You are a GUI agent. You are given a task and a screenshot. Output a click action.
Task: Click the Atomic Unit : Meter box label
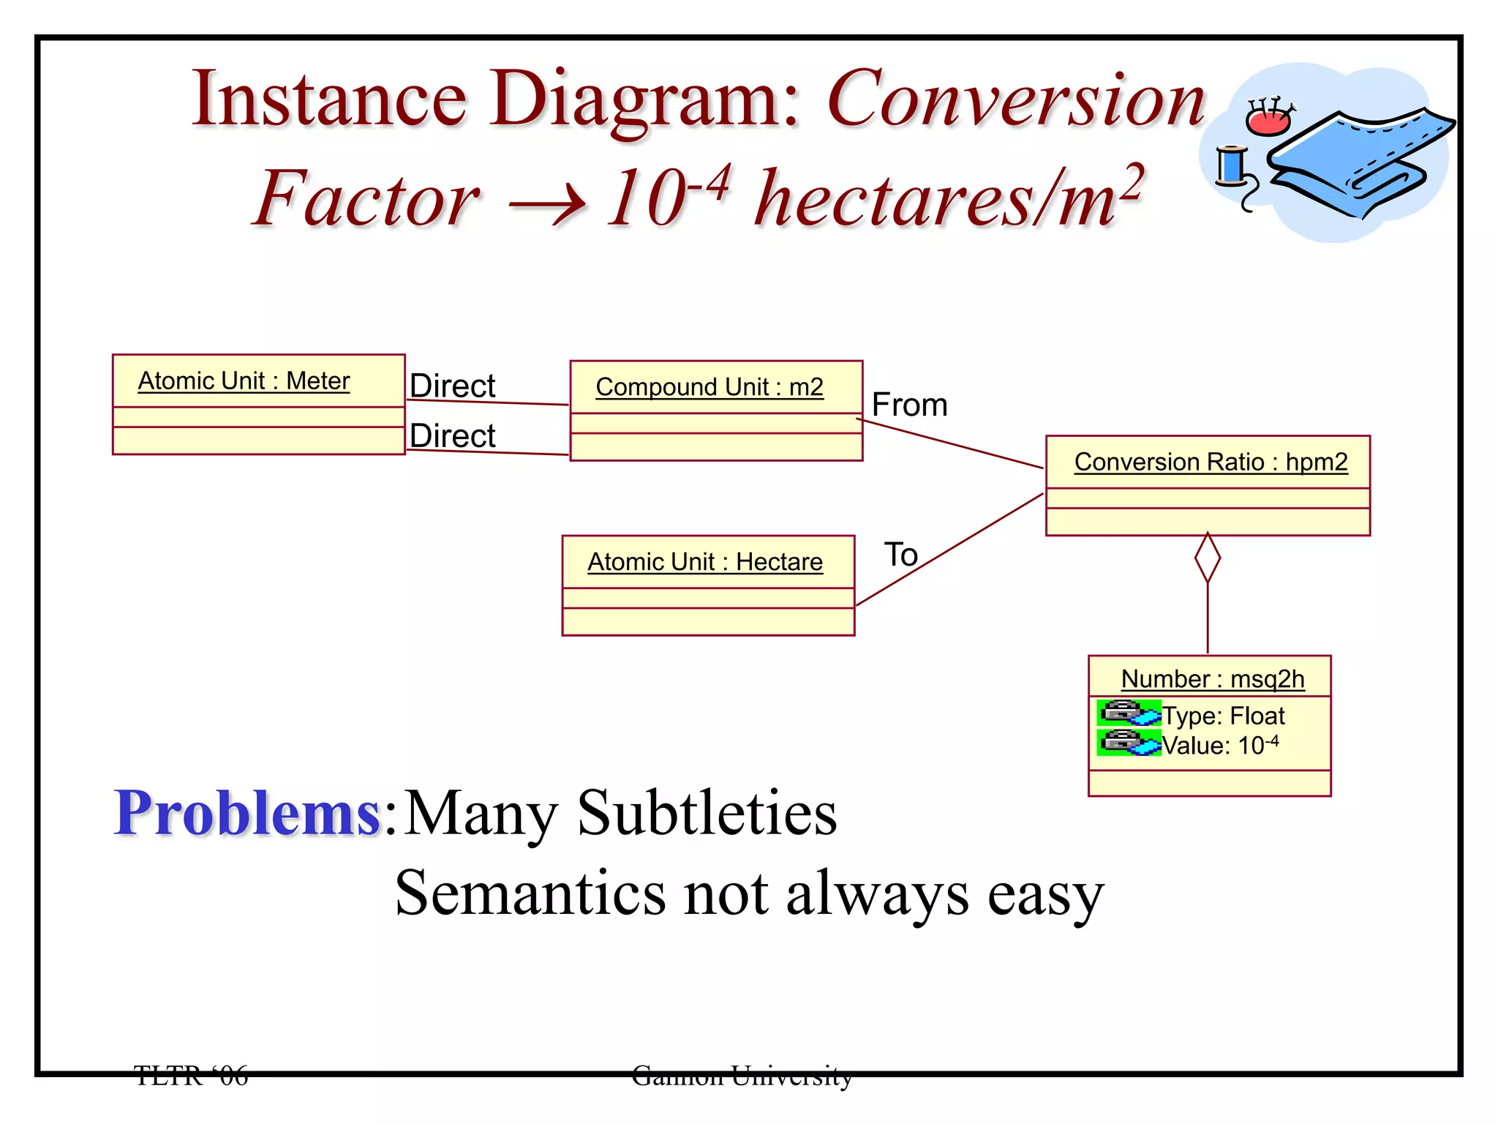(x=244, y=381)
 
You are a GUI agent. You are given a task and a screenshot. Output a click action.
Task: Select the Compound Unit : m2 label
(x=709, y=387)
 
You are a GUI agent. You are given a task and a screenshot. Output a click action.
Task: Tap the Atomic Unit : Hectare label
(x=704, y=562)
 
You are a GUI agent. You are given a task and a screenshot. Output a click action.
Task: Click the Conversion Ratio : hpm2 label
(x=1211, y=462)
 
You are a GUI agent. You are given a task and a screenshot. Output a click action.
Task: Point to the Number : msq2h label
(x=1212, y=679)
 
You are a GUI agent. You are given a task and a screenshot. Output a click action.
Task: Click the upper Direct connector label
(x=452, y=386)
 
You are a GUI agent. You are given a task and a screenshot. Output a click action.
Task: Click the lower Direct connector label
(x=452, y=436)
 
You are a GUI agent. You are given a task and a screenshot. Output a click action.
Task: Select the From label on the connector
(x=909, y=405)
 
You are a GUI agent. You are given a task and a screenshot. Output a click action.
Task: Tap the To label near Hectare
(x=900, y=555)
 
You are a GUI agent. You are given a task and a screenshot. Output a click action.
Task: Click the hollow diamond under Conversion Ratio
(x=1207, y=558)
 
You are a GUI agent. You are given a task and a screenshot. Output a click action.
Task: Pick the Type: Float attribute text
(x=1223, y=716)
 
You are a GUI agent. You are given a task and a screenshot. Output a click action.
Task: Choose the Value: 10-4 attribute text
(x=1220, y=746)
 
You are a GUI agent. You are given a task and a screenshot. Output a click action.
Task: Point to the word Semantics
(x=530, y=893)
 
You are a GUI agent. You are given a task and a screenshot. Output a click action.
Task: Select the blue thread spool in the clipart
(x=1231, y=165)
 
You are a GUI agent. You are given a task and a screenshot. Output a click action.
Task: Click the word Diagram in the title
(x=644, y=100)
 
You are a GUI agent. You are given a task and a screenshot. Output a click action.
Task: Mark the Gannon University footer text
(x=741, y=1076)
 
